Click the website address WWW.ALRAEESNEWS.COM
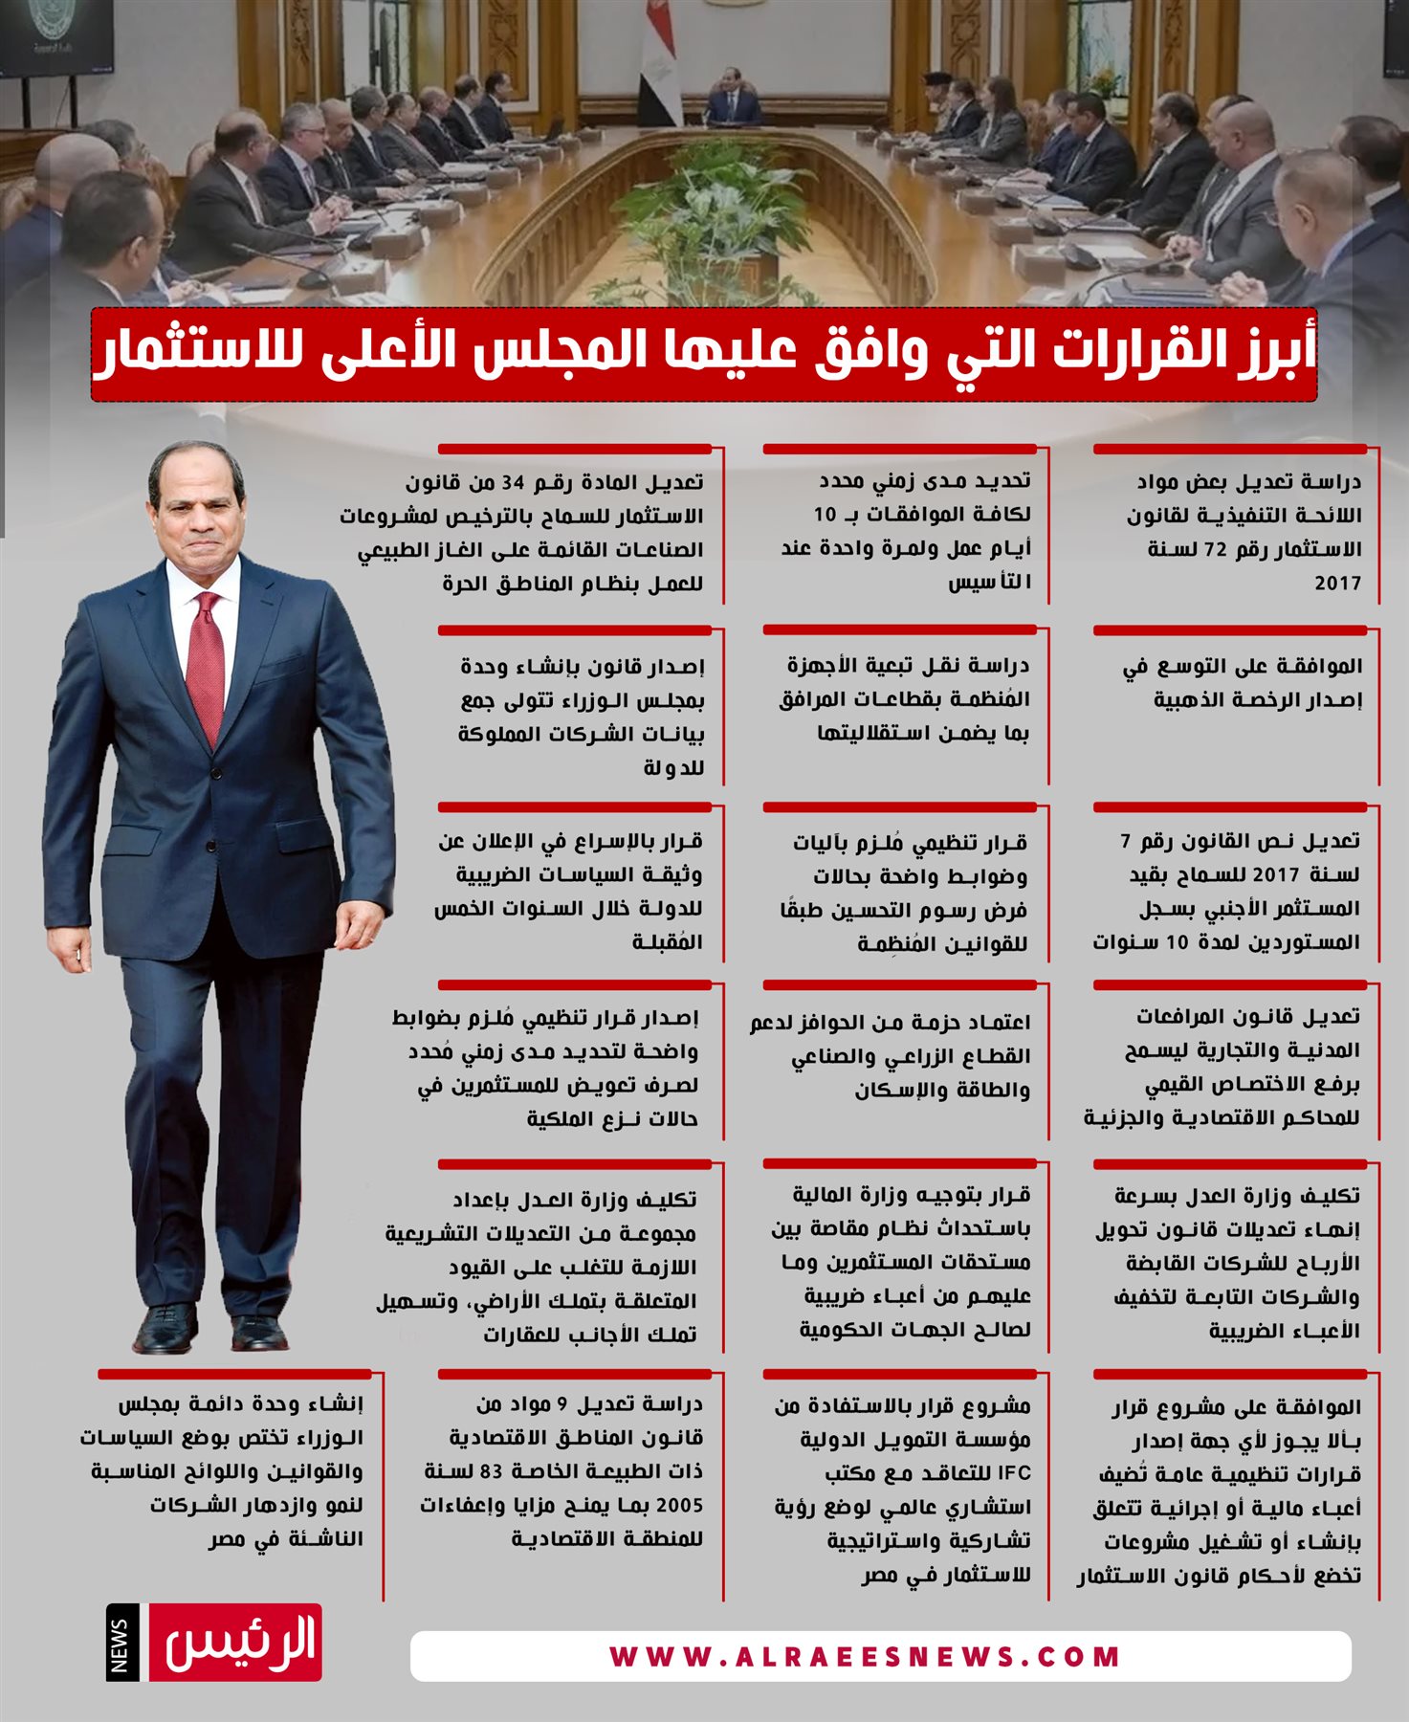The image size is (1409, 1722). click(865, 1657)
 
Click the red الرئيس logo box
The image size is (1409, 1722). click(235, 1644)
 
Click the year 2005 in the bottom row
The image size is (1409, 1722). click(679, 1506)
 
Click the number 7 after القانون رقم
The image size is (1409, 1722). click(1126, 842)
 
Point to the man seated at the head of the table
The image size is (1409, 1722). click(733, 96)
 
